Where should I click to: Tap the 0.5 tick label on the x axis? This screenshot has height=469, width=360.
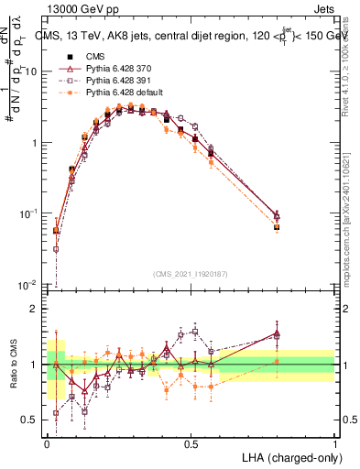click(191, 443)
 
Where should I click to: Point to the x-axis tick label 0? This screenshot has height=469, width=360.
click(48, 443)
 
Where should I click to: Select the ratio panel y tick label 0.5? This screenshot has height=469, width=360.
click(28, 420)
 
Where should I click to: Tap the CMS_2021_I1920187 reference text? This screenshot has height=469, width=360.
click(191, 274)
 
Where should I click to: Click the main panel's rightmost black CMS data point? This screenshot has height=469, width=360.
click(277, 227)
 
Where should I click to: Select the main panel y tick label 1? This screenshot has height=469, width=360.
click(34, 143)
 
